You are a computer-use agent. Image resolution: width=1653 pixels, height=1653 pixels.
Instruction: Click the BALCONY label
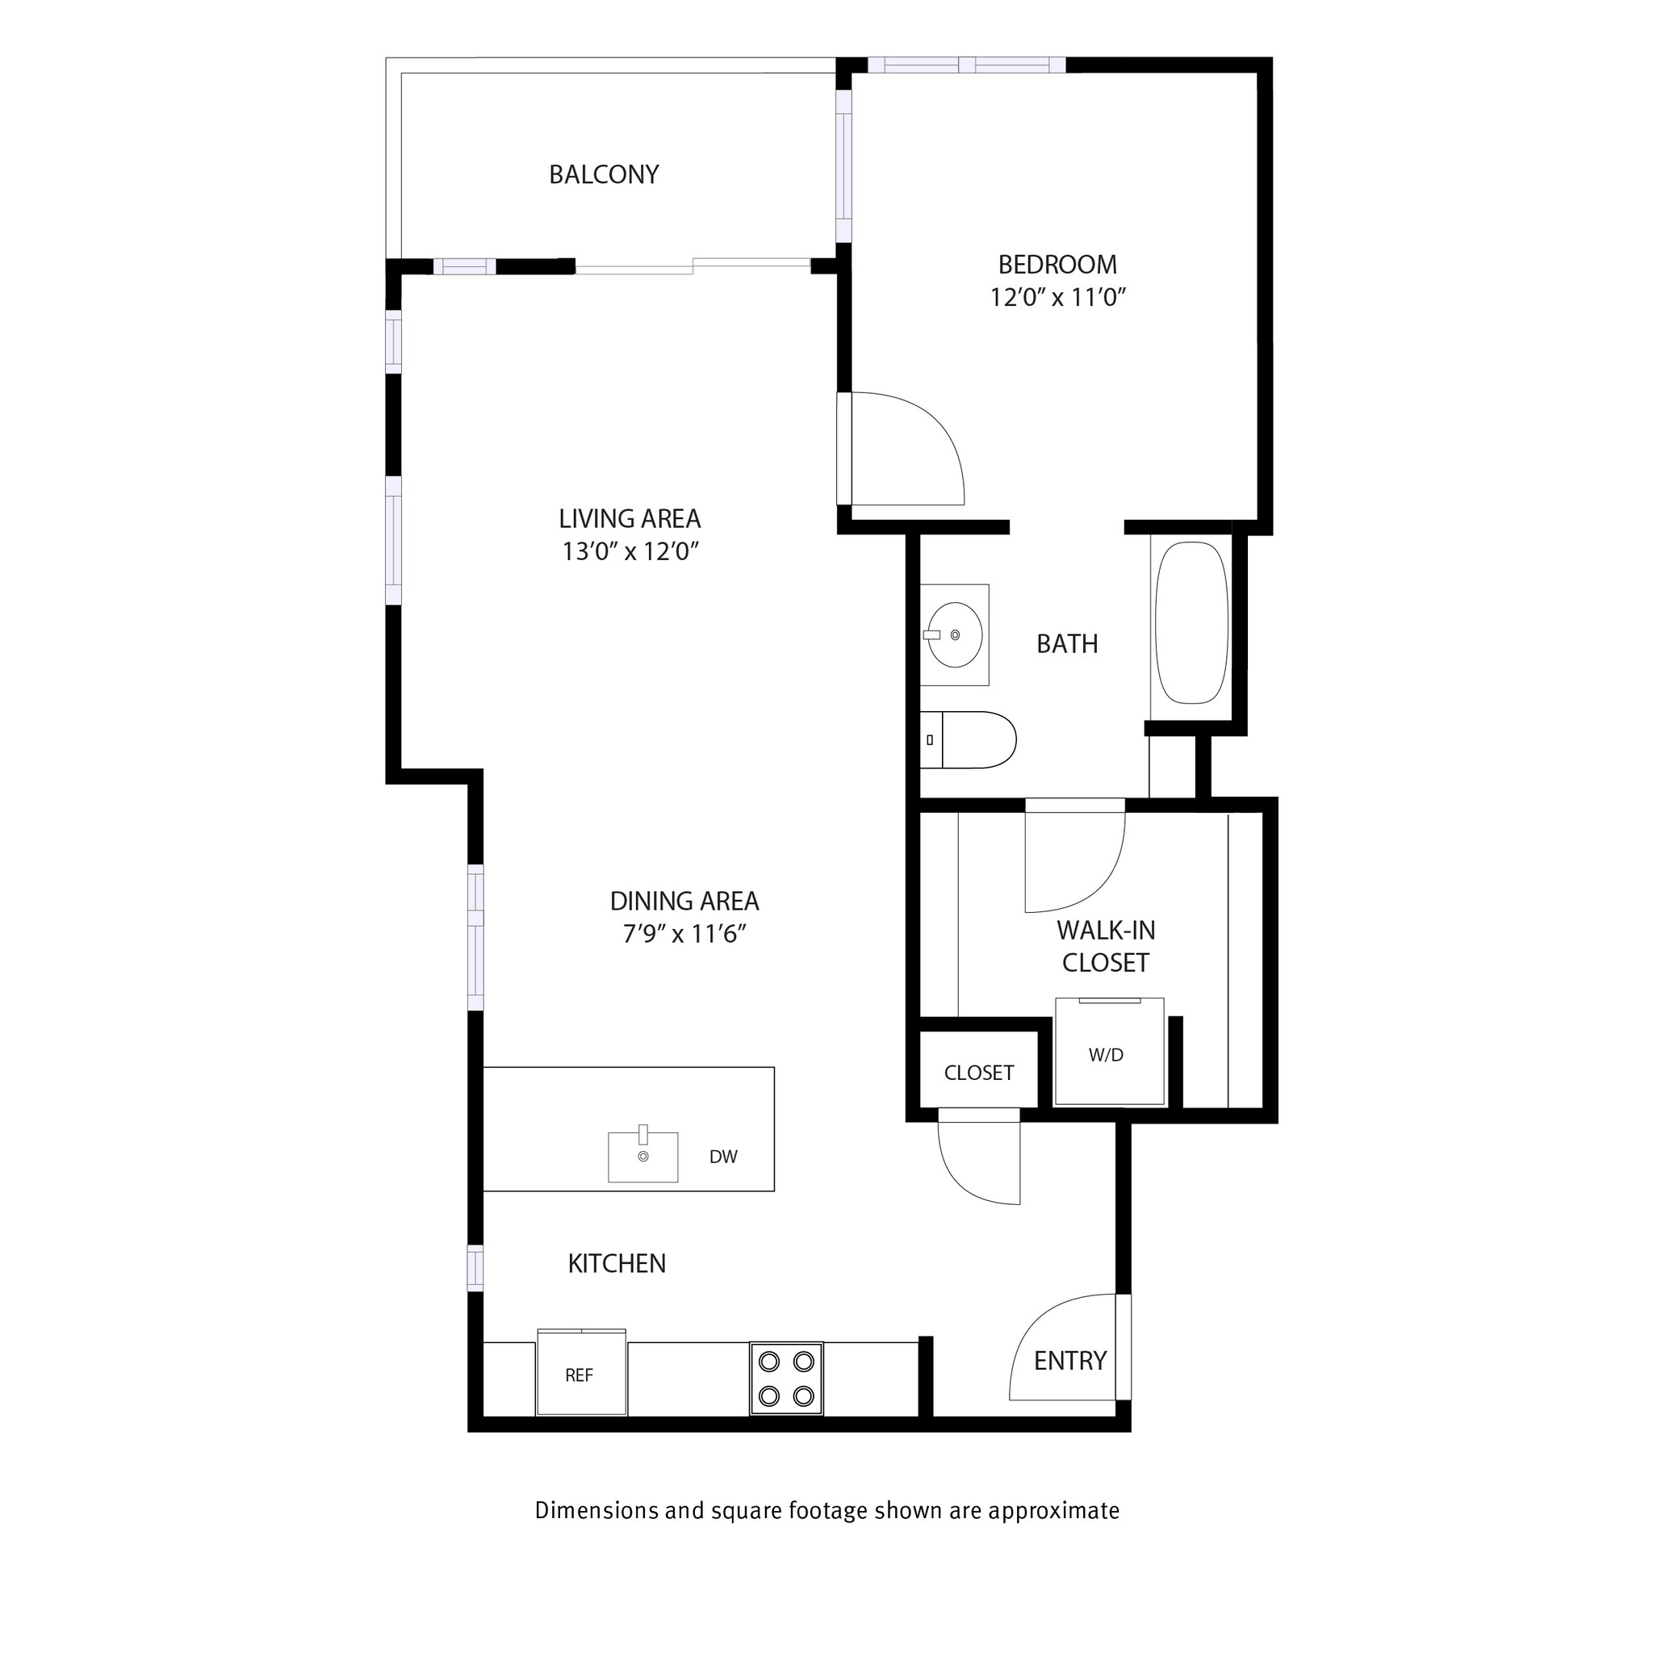(x=603, y=174)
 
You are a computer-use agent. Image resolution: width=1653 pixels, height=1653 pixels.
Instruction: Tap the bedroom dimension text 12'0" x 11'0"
(x=1057, y=298)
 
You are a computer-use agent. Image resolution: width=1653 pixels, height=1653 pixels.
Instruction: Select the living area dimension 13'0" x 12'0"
(x=630, y=552)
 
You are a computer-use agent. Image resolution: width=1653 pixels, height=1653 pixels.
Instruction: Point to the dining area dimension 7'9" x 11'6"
(x=684, y=935)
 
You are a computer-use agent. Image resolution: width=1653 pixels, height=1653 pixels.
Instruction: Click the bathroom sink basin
(x=954, y=635)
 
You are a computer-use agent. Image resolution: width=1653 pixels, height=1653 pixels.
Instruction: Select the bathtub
(x=1191, y=622)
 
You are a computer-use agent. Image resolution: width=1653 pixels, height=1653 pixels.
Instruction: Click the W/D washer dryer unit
(x=1108, y=1052)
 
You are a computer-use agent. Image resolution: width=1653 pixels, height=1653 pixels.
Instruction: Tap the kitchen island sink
(x=642, y=1157)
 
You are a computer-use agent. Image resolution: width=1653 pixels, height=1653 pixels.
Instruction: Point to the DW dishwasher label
(x=723, y=1157)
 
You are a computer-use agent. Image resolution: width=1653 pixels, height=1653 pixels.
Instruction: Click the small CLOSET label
(x=978, y=1073)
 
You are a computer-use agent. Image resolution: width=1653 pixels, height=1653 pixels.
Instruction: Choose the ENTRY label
(x=1069, y=1360)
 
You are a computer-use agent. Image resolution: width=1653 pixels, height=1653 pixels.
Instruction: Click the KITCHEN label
(x=616, y=1264)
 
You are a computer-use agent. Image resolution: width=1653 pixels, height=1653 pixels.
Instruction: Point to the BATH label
(x=1066, y=643)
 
